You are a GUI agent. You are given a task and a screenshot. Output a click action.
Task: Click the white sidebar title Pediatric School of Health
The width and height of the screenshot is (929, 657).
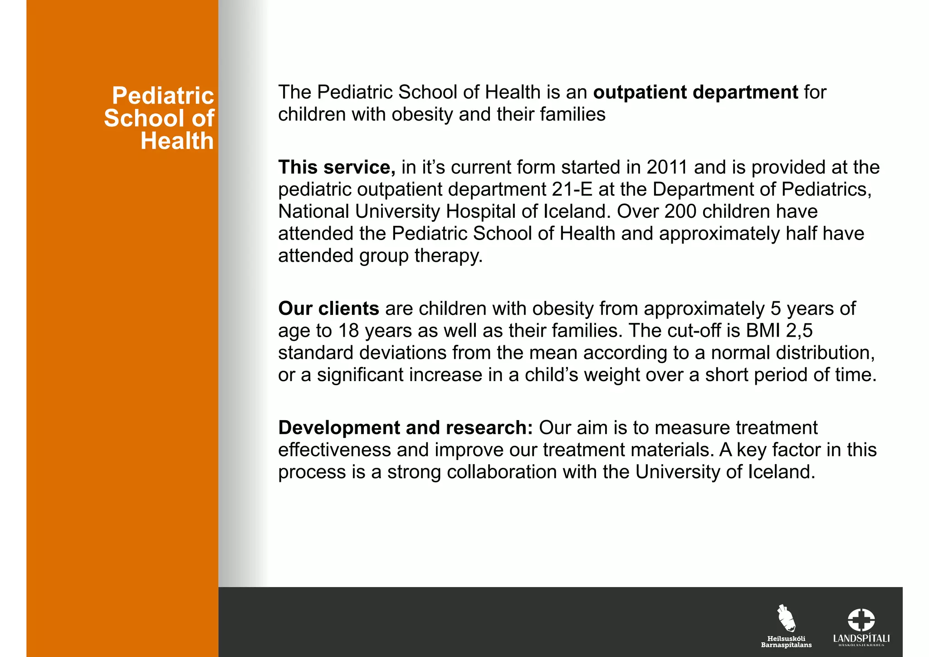159,118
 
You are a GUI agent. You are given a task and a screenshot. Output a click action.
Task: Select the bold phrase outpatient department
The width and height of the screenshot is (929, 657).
695,92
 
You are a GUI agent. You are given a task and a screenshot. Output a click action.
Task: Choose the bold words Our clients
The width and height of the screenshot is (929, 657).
328,309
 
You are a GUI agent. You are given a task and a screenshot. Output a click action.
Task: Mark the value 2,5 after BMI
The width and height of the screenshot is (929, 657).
799,331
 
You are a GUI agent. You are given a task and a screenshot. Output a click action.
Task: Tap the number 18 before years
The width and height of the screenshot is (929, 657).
349,331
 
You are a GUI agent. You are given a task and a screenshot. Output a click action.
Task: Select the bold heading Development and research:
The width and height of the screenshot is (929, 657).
406,428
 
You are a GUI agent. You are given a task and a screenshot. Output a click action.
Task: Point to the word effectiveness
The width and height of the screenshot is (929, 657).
334,450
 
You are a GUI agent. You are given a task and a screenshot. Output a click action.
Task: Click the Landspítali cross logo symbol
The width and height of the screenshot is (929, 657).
861,620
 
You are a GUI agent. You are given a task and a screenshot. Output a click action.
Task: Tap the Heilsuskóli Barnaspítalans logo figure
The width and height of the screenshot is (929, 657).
786,618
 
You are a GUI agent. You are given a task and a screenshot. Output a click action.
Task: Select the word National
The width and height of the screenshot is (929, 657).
313,211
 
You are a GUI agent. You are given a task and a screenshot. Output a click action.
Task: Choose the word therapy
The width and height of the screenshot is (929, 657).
449,256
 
